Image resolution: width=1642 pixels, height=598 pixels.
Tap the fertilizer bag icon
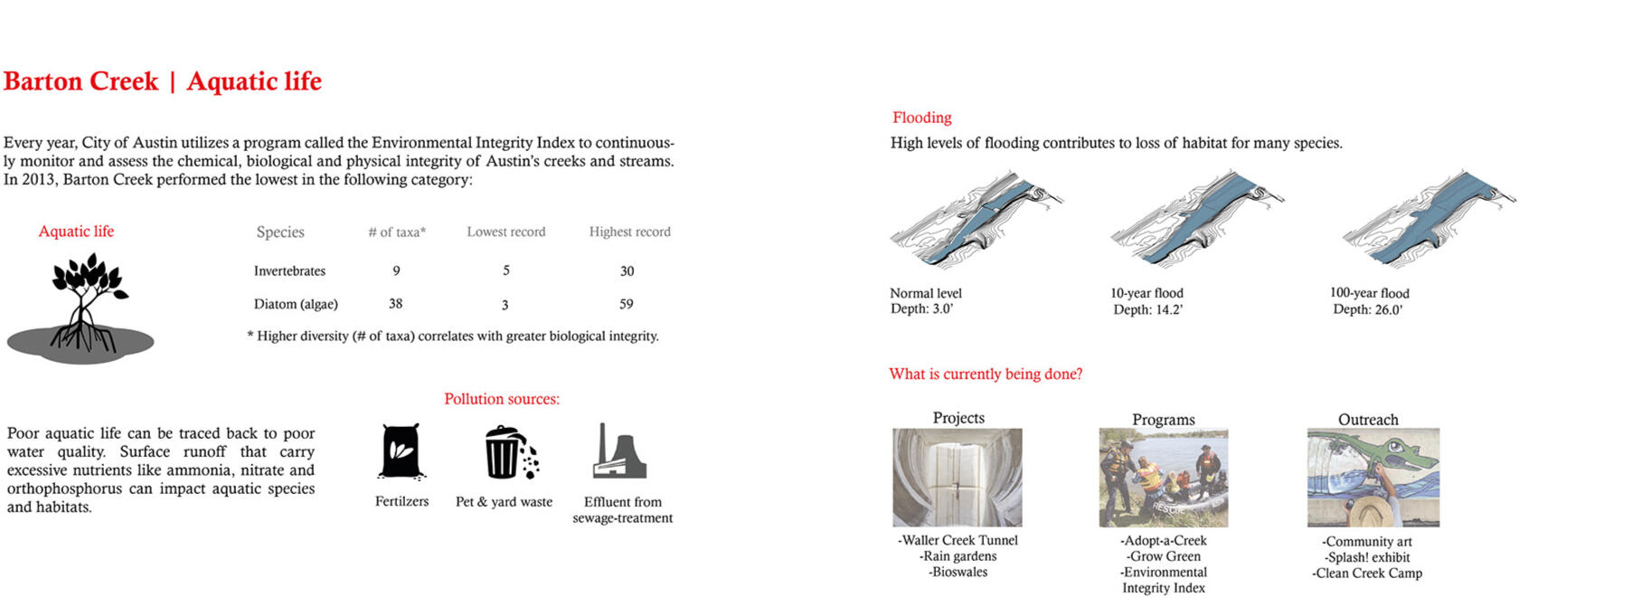click(401, 451)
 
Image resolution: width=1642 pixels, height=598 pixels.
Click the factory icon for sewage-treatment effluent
click(619, 451)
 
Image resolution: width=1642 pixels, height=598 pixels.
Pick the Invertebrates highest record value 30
click(627, 271)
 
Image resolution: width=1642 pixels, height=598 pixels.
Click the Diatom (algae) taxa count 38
click(395, 304)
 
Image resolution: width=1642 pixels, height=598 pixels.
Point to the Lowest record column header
click(505, 233)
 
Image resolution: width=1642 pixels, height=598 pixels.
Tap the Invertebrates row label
click(289, 271)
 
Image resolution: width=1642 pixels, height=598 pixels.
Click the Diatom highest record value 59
click(626, 305)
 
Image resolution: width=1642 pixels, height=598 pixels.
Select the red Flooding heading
click(921, 118)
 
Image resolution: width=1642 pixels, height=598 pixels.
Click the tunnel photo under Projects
click(957, 478)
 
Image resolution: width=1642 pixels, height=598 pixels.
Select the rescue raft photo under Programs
click(1163, 478)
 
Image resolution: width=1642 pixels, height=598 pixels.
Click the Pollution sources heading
click(501, 399)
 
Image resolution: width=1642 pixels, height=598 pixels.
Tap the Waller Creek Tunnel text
click(958, 541)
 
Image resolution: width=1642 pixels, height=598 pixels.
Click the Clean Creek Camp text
click(1367, 574)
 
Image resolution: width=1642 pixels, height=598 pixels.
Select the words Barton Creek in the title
click(80, 82)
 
